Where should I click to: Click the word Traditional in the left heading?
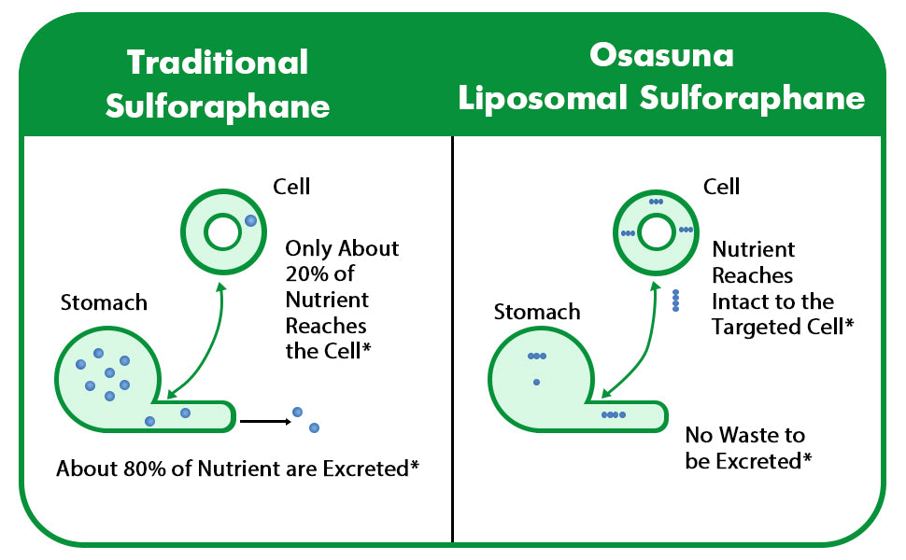pos(218,62)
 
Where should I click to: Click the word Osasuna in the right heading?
pos(661,55)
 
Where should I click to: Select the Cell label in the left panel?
pos(291,187)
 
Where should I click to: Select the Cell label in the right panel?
pos(721,187)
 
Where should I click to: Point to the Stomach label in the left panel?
pos(104,302)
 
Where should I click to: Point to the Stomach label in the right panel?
pos(537,312)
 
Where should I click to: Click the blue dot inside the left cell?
pos(250,220)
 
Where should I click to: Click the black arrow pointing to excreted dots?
pos(265,422)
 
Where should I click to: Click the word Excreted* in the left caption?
pos(371,469)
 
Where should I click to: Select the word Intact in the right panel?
pos(735,301)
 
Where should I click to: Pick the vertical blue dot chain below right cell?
pos(675,301)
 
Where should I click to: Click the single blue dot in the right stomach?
pos(537,382)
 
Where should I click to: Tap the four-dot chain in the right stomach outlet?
pos(614,414)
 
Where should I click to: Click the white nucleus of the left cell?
pos(222,232)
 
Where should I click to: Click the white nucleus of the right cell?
pos(656,233)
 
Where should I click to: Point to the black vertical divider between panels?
pos(452,340)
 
